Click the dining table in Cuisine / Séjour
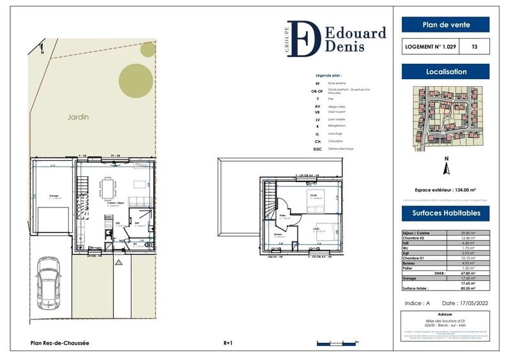[x=107, y=188]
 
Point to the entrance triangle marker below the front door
[x=118, y=262]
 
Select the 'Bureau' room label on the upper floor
[x=279, y=234]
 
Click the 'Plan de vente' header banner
[x=445, y=25]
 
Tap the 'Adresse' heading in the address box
[x=445, y=315]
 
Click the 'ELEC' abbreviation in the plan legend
[x=317, y=149]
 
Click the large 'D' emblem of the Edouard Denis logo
[x=303, y=38]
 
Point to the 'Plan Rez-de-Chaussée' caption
[x=60, y=343]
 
